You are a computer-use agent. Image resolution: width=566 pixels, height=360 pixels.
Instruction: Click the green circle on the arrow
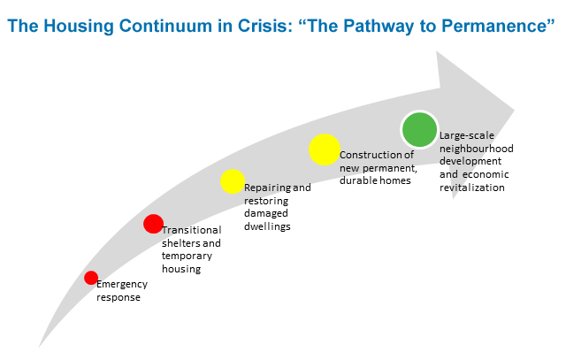tap(418, 130)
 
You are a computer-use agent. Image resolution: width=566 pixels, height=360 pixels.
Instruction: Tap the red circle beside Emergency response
tap(91, 278)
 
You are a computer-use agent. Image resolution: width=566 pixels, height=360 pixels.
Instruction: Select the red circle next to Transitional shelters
tap(153, 225)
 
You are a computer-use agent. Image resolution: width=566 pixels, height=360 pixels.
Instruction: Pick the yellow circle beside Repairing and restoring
tap(232, 181)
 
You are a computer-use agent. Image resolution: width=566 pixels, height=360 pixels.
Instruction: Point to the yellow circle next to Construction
tap(325, 149)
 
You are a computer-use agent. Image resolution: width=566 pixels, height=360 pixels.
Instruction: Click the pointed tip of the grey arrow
tap(512, 112)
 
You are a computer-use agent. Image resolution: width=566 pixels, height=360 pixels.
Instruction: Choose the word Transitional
tap(191, 230)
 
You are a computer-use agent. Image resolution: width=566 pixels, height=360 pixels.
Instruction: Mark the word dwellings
tap(267, 226)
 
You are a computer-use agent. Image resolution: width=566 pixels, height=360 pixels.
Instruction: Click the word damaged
tap(265, 213)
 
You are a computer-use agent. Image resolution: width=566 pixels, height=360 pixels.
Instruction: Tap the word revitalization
tap(473, 187)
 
